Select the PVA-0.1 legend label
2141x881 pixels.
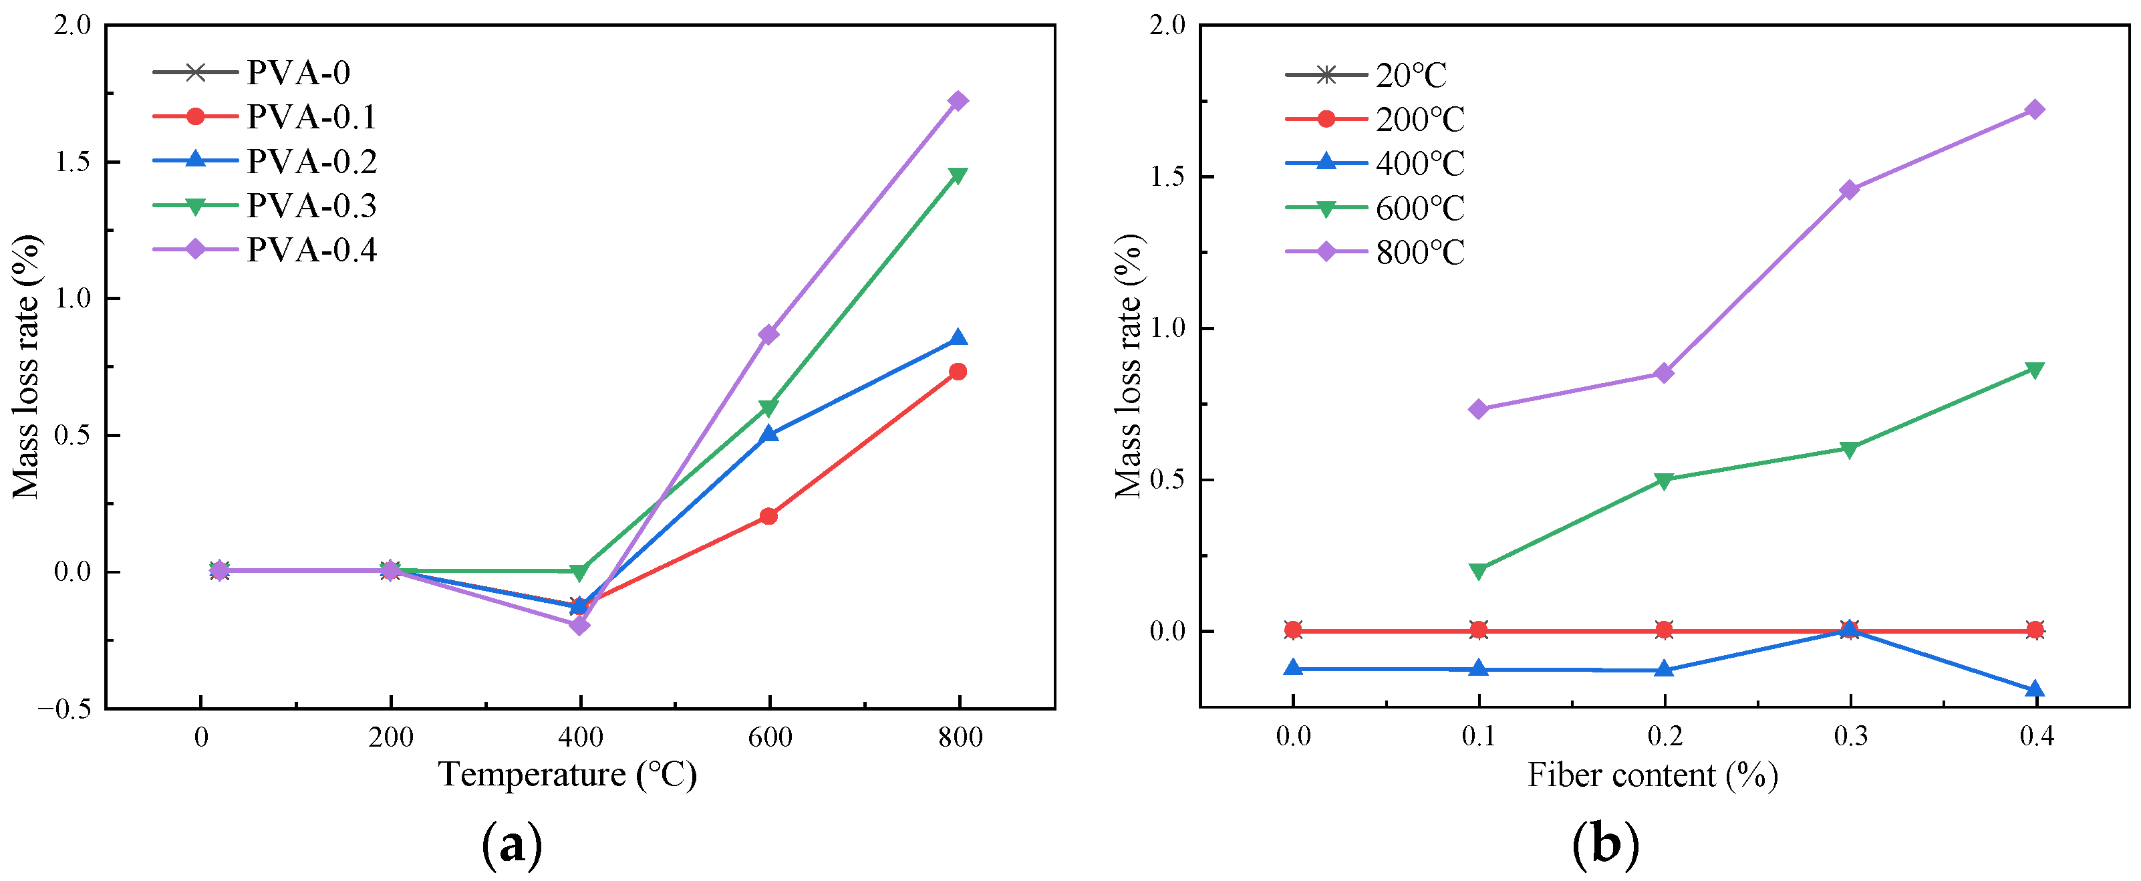pyautogui.click(x=311, y=116)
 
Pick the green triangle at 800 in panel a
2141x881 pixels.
pyautogui.click(x=958, y=175)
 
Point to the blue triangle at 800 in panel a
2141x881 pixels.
pyautogui.click(x=958, y=338)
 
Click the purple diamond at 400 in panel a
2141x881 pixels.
pyautogui.click(x=579, y=624)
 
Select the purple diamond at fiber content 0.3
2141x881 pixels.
pyautogui.click(x=1849, y=189)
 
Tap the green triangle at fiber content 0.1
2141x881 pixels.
pyautogui.click(x=1477, y=570)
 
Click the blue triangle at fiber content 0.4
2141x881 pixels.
pyautogui.click(x=2035, y=689)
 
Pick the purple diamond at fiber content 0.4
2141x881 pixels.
pyautogui.click(x=2035, y=110)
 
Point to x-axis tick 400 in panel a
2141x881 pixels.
pyautogui.click(x=579, y=737)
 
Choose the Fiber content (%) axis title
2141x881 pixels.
pyautogui.click(x=1653, y=775)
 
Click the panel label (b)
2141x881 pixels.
pyautogui.click(x=1606, y=844)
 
